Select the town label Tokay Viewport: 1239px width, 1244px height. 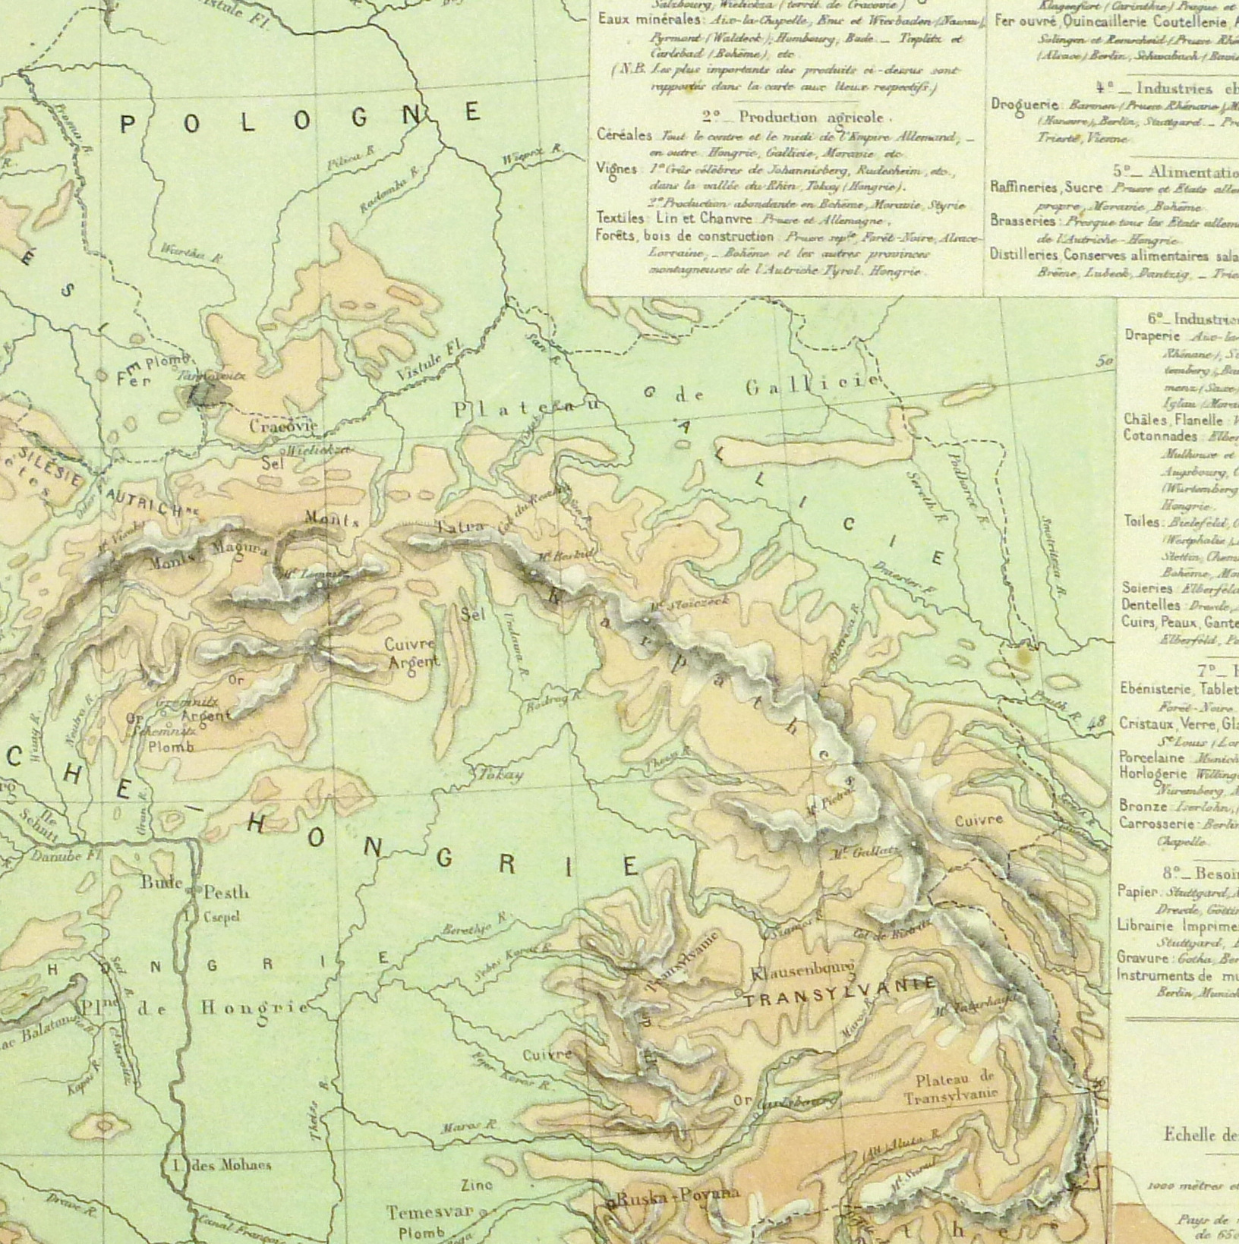(x=501, y=776)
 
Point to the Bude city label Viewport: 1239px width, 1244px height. (x=162, y=883)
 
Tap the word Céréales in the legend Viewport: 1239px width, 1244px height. (x=625, y=136)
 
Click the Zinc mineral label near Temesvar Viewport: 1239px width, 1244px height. (x=477, y=1184)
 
